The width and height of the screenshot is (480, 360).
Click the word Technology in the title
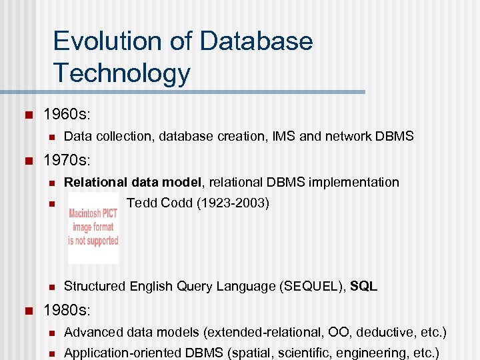[121, 73]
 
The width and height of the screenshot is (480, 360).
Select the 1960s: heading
[67, 115]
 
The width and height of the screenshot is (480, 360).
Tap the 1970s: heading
[67, 161]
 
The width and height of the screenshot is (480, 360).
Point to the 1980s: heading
[67, 310]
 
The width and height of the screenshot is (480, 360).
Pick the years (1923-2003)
[233, 203]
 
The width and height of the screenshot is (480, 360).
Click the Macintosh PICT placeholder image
[93, 227]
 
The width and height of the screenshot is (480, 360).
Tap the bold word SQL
[363, 287]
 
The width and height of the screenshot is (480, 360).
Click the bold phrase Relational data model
[132, 183]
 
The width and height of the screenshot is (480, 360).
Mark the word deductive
[387, 332]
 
